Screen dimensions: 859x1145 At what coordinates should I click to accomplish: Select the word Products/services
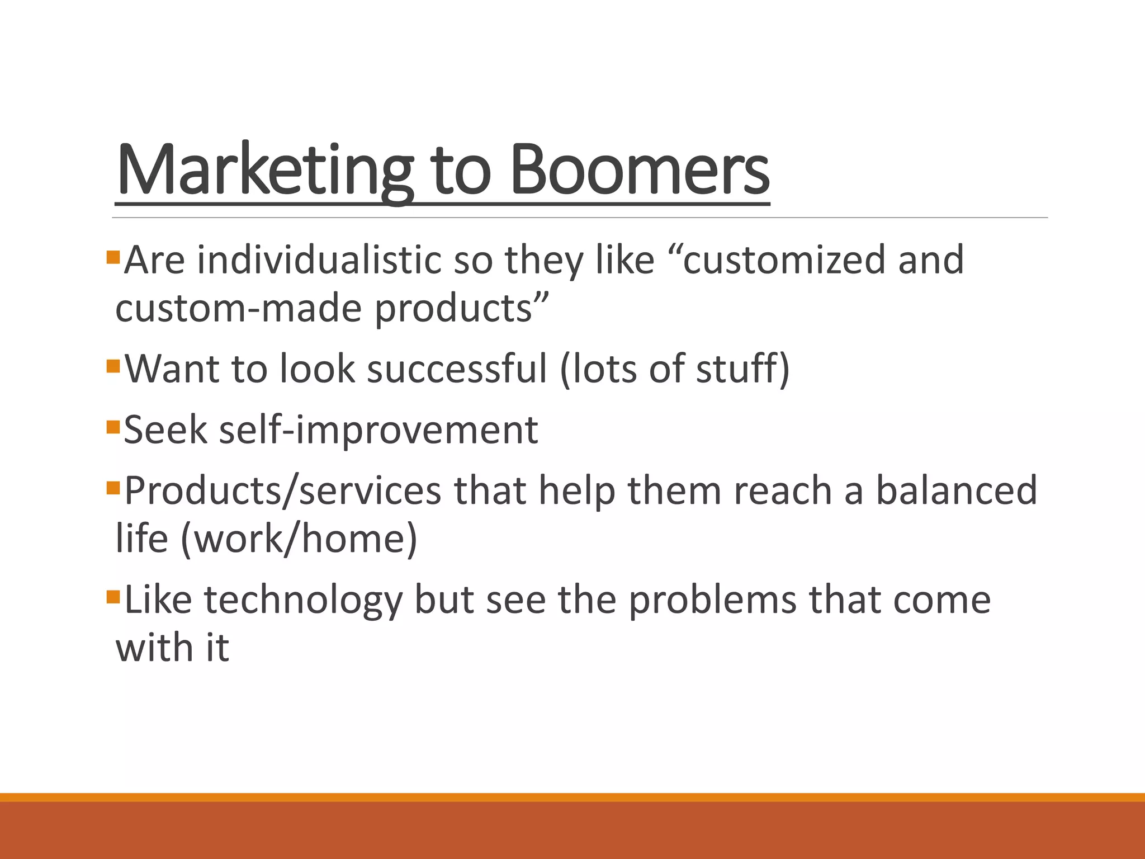[282, 490]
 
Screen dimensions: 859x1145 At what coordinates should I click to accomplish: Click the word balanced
[956, 490]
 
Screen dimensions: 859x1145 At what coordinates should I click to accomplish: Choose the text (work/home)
[299, 539]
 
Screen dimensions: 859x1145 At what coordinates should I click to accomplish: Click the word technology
[302, 600]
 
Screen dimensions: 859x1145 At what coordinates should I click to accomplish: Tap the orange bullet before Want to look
[113, 366]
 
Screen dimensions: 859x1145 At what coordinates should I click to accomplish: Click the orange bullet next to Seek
[113, 427]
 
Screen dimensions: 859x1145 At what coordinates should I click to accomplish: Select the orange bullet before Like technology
[113, 597]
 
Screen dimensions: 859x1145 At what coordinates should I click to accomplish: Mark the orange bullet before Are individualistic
[113, 257]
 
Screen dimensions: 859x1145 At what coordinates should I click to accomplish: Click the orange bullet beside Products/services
[113, 488]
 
